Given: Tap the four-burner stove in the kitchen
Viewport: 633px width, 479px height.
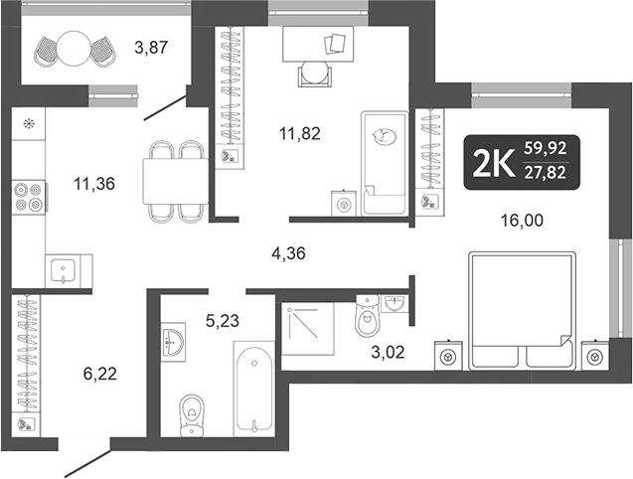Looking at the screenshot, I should tap(29, 195).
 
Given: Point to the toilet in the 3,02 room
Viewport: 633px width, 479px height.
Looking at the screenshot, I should tap(368, 318).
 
